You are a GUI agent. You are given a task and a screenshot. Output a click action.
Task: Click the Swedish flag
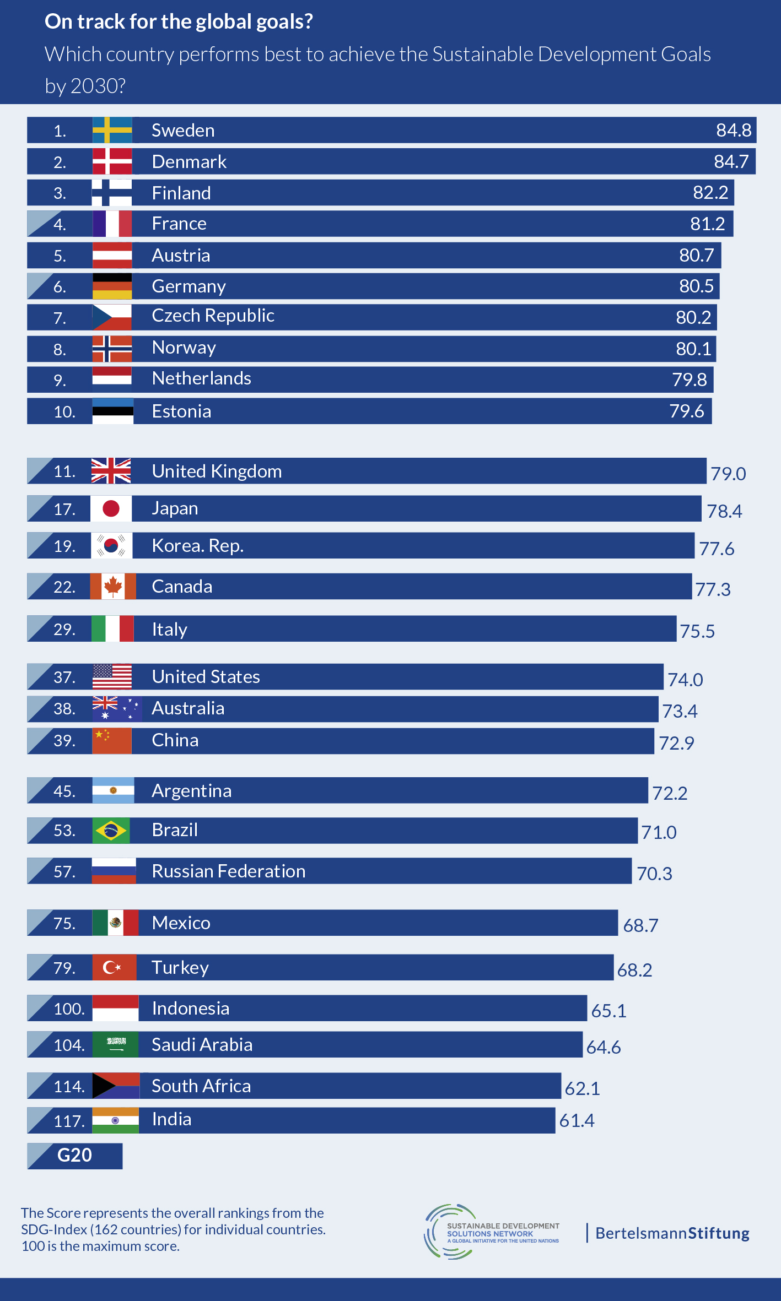112,130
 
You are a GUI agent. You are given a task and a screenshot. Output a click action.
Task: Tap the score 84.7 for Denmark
731,161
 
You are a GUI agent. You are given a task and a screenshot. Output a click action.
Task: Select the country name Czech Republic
213,316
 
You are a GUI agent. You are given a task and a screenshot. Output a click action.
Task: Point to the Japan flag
111,508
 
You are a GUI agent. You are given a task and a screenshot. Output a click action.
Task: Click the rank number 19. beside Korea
64,546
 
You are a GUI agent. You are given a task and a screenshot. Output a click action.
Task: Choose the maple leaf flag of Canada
113,586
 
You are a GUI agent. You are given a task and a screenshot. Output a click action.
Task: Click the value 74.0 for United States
685,680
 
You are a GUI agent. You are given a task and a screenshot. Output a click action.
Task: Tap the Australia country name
188,708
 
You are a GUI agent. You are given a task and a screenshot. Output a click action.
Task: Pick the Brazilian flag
111,830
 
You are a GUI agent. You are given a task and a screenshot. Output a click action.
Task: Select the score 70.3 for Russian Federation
654,874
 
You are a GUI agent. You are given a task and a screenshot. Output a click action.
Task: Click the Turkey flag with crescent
114,967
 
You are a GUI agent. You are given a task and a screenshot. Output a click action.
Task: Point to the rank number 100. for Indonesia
69,1009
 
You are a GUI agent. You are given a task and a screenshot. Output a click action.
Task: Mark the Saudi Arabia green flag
115,1044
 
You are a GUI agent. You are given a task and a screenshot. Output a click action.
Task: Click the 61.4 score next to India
577,1120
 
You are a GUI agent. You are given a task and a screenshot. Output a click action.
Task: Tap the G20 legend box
75,1155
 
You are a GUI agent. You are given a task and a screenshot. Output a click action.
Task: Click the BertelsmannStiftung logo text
672,1233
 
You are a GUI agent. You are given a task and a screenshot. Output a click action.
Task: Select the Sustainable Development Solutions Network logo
491,1232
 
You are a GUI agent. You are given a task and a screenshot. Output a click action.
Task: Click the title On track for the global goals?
179,21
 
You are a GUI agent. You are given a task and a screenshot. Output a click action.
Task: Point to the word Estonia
181,411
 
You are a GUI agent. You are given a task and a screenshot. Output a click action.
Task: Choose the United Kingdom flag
111,471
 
